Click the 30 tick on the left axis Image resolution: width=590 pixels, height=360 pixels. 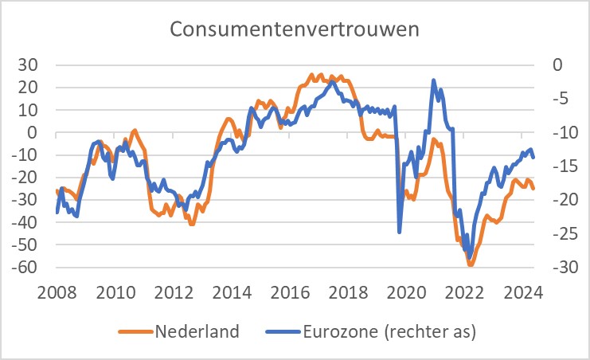point(36,65)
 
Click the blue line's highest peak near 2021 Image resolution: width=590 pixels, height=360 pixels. point(433,80)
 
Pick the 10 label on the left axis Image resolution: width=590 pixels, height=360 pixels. point(36,110)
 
